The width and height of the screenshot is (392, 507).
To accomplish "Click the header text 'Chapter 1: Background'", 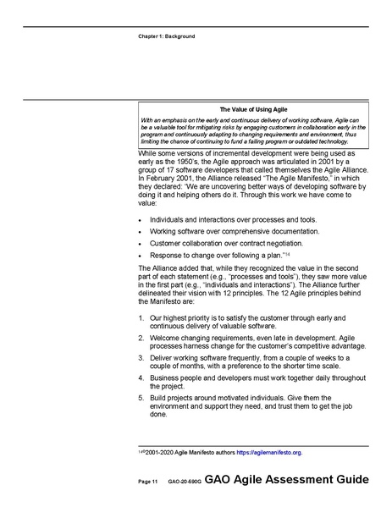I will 166,37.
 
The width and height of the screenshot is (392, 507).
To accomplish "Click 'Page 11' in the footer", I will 149,482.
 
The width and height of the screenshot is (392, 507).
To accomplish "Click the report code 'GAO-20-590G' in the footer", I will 184,482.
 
